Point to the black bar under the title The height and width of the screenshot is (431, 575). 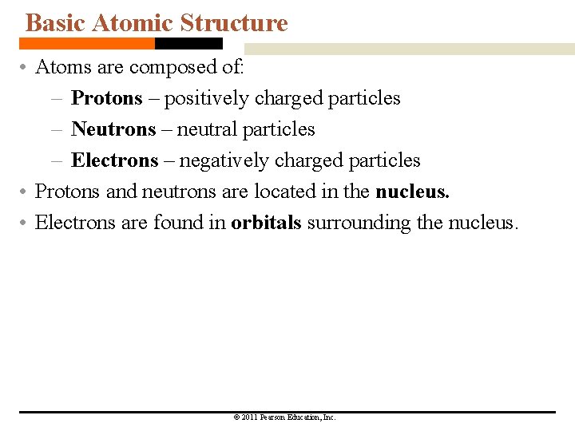[188, 43]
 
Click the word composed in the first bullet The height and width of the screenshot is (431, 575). [169, 67]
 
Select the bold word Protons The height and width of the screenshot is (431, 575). [106, 98]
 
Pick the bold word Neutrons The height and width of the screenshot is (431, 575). [113, 129]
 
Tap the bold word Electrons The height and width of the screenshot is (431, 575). [115, 160]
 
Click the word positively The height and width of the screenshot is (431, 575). [206, 98]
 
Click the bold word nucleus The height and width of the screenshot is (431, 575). [412, 192]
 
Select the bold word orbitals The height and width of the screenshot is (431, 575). [266, 223]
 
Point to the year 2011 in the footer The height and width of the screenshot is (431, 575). [250, 417]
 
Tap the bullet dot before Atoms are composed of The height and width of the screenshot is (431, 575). [26, 68]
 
